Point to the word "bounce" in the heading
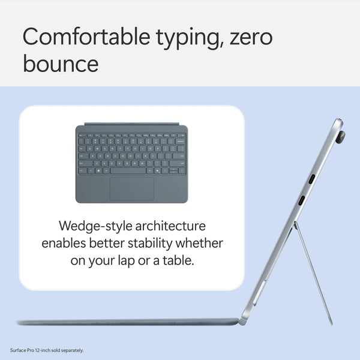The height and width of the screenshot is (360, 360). pos(61,63)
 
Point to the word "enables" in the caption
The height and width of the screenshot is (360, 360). pos(64,244)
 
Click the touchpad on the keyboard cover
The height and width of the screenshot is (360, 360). pos(131,188)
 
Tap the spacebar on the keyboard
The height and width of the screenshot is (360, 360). pos(128,170)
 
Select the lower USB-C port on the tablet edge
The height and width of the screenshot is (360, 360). pos(302,201)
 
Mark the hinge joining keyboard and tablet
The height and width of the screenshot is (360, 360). pos(243,321)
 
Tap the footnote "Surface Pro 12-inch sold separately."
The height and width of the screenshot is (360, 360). pos(47,350)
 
